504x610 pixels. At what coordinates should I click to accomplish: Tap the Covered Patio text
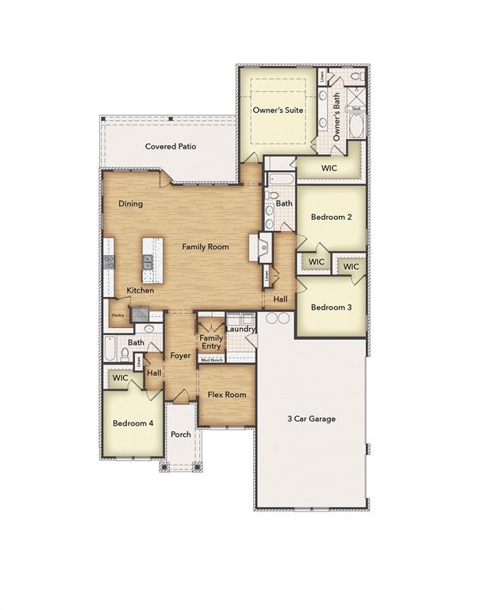(x=170, y=146)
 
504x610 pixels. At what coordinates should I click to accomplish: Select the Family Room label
(x=205, y=247)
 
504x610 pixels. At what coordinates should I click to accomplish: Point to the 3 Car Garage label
(x=311, y=419)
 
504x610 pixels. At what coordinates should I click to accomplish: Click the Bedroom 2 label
(x=331, y=217)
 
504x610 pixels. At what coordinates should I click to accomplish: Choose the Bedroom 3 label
(x=331, y=307)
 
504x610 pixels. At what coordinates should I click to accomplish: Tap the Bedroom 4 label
(x=133, y=423)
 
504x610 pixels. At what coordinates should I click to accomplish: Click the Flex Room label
(x=227, y=395)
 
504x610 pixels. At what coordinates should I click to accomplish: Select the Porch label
(x=181, y=434)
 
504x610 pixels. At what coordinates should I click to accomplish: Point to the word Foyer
(x=181, y=356)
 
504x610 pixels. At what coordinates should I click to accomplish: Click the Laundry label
(x=240, y=329)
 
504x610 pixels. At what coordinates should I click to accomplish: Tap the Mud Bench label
(x=211, y=359)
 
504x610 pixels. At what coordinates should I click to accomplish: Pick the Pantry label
(x=117, y=315)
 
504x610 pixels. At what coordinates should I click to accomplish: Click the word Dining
(x=131, y=204)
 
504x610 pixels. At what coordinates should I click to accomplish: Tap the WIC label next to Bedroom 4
(x=120, y=378)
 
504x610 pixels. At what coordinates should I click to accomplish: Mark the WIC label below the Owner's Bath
(x=329, y=168)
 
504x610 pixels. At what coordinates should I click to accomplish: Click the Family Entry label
(x=211, y=342)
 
